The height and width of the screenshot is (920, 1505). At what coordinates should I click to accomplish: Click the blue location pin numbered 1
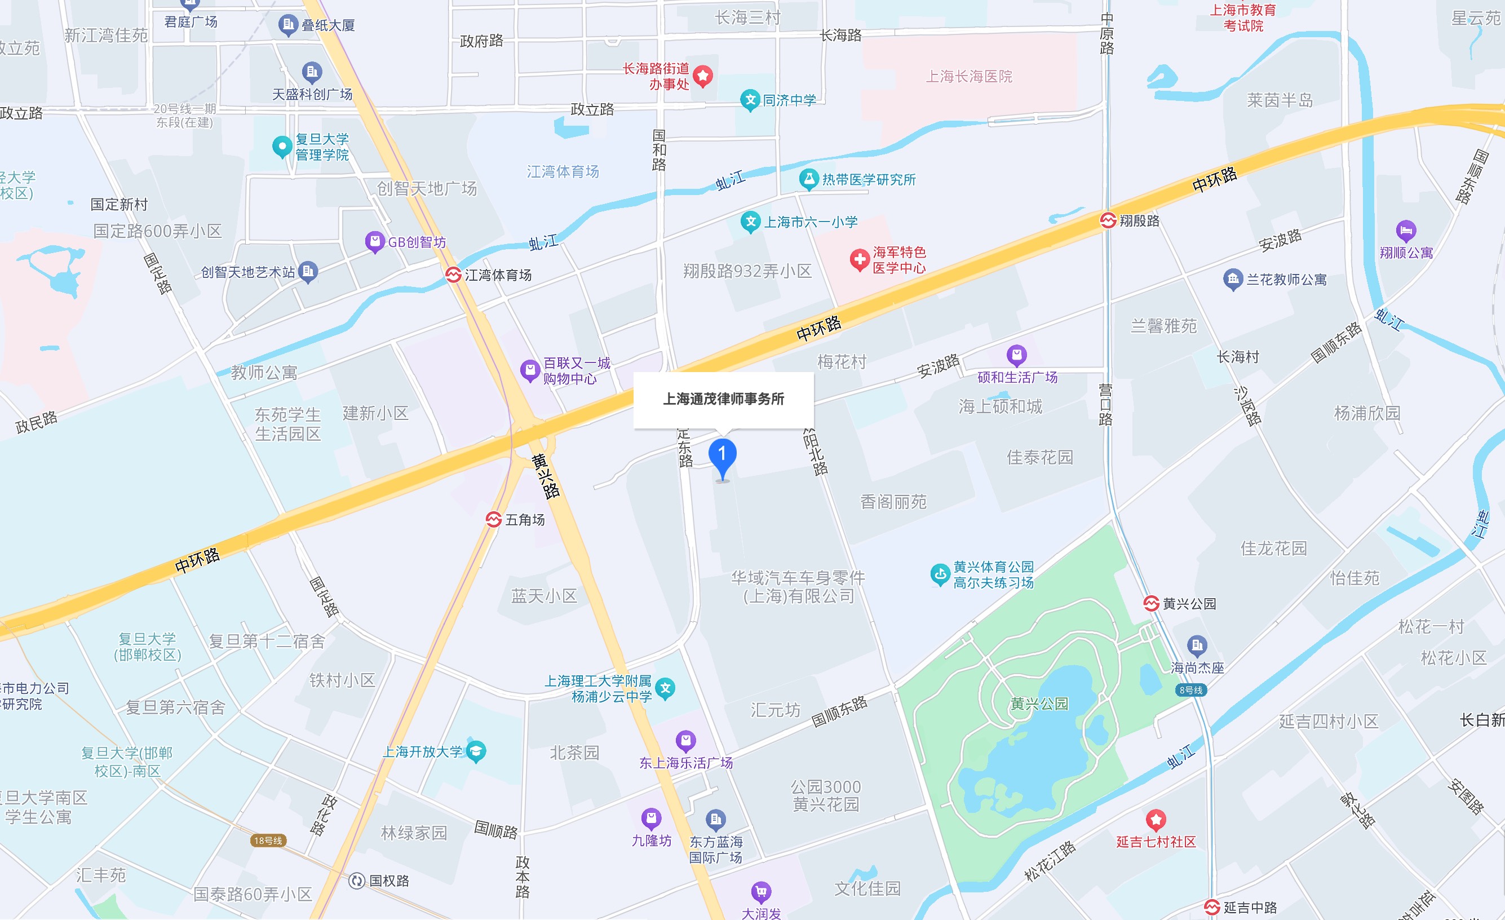722,455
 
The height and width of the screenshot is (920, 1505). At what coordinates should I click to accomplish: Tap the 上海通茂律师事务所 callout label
723,400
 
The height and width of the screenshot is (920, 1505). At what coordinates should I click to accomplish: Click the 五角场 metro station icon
494,519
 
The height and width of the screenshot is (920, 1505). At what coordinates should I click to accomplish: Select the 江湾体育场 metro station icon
453,275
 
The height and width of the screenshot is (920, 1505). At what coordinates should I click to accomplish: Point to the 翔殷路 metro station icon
1108,220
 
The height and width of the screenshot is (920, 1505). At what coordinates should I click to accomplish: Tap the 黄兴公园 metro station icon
1152,604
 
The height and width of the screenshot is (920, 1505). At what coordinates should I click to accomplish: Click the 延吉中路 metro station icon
1212,907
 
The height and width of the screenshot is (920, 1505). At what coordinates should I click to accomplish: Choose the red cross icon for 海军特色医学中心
860,260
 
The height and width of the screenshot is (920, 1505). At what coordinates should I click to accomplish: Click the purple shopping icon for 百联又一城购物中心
529,370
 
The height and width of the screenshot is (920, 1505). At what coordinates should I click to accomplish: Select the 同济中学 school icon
750,100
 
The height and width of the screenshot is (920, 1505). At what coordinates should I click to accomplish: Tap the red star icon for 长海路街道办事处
703,76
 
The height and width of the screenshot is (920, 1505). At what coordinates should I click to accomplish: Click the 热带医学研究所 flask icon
809,179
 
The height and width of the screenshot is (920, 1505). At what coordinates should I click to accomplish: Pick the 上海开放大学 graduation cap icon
476,751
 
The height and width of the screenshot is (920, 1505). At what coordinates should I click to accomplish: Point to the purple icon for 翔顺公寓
1406,231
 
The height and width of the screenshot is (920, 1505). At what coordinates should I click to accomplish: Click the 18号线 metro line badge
268,841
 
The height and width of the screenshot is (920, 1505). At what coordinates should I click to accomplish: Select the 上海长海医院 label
969,76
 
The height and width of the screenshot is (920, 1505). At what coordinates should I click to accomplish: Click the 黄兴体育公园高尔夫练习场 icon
940,574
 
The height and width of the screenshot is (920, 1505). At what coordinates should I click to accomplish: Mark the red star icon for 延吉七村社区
1156,820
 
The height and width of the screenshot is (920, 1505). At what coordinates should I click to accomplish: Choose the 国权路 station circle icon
357,881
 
